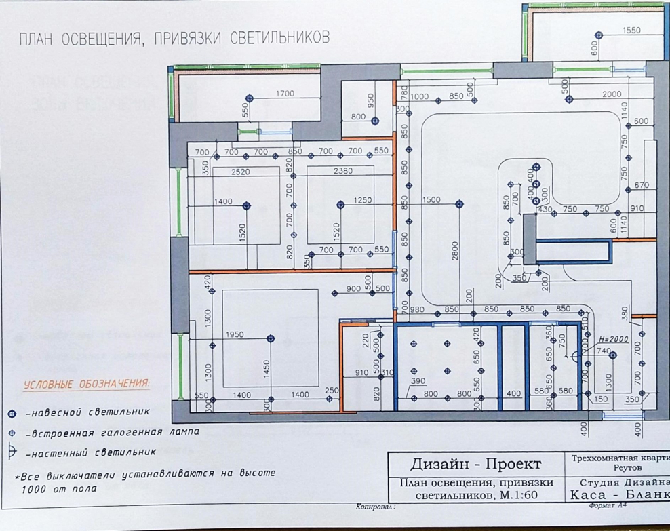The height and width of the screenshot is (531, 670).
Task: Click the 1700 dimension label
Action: tap(285, 94)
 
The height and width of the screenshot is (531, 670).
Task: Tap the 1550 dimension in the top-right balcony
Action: tap(631, 31)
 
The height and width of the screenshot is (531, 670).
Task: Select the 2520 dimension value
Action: tap(240, 172)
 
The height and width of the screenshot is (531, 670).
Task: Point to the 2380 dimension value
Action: tap(343, 172)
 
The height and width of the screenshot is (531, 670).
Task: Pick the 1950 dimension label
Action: tap(235, 335)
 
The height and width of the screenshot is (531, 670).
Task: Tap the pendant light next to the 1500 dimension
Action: tap(459, 203)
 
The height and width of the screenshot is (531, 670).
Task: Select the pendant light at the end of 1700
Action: tap(249, 99)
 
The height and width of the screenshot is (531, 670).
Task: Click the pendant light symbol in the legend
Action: tap(12, 414)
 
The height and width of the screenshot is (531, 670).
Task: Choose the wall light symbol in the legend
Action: tap(12, 450)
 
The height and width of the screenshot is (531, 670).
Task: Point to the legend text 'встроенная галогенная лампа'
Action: tap(113, 432)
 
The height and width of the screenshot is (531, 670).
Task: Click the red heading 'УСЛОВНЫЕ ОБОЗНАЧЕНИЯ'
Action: tap(87, 385)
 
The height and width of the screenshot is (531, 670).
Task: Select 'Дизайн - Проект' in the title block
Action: tap(475, 464)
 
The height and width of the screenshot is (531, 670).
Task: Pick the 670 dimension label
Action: tap(642, 186)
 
